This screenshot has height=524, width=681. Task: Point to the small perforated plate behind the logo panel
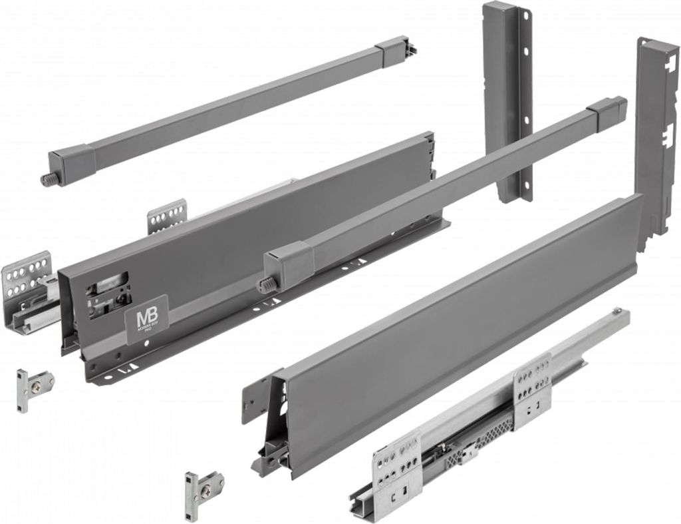coord(166,216)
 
